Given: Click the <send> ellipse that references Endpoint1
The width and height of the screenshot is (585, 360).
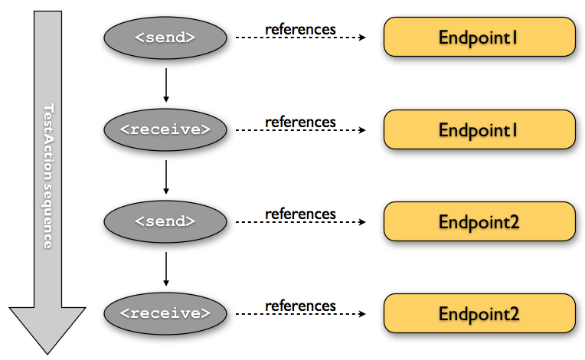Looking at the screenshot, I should point(165,37).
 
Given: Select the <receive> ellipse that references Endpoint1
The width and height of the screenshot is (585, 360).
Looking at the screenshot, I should point(165,129).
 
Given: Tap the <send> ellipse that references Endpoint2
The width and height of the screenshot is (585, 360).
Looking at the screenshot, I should point(165,221).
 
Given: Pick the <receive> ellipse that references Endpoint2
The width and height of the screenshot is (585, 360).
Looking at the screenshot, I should point(165,313).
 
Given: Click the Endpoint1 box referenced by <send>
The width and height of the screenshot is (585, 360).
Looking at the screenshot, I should point(479,37).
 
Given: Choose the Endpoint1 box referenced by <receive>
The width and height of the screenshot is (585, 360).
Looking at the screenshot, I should point(479,129).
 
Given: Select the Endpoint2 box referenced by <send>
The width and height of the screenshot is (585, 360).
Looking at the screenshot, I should point(479,221).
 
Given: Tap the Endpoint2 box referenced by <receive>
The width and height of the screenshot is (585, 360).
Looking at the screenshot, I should point(479,313).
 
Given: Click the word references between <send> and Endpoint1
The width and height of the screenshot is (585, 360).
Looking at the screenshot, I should point(300,29).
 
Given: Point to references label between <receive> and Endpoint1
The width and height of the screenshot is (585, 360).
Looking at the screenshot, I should point(300,122).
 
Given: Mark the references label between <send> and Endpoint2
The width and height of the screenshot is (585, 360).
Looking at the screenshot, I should point(300,214).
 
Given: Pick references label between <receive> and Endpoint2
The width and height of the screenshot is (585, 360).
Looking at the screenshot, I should point(300,306).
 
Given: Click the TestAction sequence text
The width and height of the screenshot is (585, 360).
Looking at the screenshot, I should point(47,175).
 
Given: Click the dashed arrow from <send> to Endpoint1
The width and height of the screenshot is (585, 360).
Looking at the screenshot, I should point(300,38).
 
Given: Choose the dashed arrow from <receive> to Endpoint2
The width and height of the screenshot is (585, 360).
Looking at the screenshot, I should point(300,314).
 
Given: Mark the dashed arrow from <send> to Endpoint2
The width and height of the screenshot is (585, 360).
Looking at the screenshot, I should point(300,222).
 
